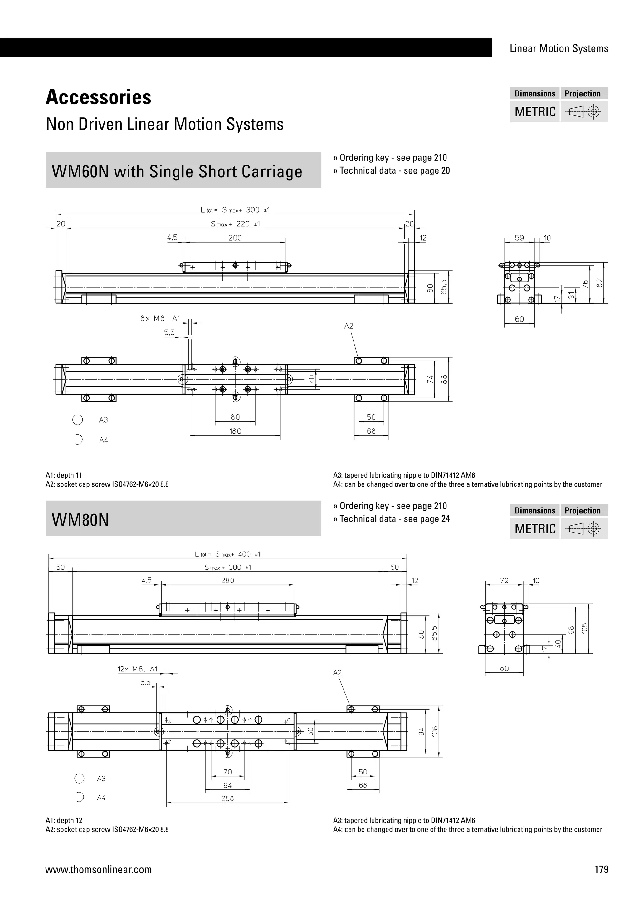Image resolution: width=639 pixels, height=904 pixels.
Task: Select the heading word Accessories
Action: tap(98, 97)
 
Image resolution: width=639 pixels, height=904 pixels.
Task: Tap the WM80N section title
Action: tap(80, 520)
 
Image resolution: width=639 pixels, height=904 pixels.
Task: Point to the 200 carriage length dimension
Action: tap(235, 238)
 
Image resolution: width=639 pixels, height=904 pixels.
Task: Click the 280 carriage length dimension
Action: tap(227, 580)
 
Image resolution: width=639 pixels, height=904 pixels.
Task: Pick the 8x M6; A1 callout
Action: tap(160, 318)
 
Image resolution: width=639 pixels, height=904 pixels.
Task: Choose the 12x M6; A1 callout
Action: tap(137, 669)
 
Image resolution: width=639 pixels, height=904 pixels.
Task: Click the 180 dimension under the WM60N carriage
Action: tap(235, 431)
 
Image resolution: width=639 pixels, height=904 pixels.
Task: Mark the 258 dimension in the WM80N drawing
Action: tap(227, 798)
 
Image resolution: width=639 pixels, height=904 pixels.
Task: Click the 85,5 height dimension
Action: tap(434, 633)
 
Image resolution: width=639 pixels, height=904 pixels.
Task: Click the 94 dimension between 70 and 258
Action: tap(227, 785)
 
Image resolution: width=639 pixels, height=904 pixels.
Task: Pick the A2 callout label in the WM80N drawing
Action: tap(337, 672)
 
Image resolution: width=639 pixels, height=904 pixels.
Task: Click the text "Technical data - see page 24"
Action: tap(394, 519)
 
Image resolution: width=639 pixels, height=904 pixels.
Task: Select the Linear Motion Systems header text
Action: tap(559, 48)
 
